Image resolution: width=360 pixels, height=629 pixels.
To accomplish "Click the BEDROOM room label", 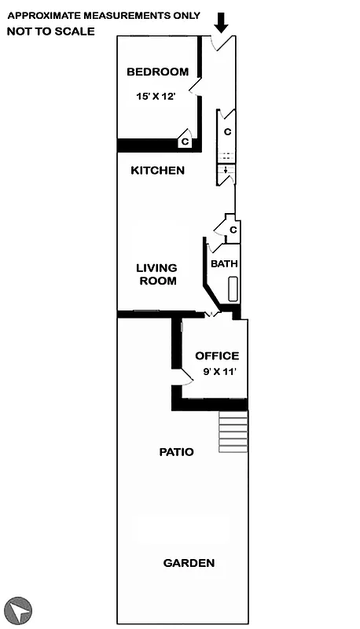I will point(157,72).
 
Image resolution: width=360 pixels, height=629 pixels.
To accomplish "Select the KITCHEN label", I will point(157,171).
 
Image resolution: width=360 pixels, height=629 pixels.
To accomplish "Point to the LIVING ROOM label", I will point(157,274).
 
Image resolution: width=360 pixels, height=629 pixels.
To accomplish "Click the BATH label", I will point(224,264).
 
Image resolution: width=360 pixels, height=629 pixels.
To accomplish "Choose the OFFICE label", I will point(217,356).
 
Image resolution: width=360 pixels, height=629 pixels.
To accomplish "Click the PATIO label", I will point(176,452).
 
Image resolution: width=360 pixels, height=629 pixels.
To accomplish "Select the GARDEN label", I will point(189,563).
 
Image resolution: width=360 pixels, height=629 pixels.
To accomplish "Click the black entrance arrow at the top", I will point(222,23).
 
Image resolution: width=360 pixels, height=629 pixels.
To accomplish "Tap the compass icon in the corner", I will point(19,609).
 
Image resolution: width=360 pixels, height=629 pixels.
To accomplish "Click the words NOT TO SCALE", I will point(50,31).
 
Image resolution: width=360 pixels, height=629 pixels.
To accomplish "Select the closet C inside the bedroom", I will point(185,142).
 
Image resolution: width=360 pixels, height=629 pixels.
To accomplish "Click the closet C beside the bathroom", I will point(233,230).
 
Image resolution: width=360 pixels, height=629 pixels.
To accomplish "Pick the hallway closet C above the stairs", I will point(226,131).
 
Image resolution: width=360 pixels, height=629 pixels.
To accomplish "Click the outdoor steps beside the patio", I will point(233,432).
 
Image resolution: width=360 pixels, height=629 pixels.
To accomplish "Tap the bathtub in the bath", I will point(233,289).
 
